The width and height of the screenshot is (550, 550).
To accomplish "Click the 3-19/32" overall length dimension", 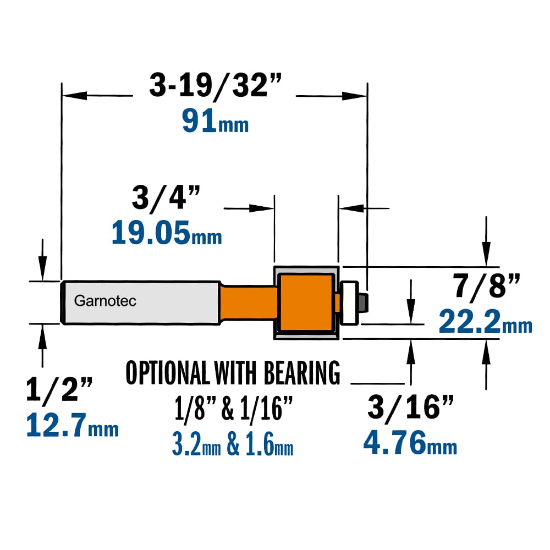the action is click(x=215, y=85).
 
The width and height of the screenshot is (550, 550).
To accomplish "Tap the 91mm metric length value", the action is click(x=216, y=120).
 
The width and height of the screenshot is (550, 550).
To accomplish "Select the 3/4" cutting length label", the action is click(x=166, y=197).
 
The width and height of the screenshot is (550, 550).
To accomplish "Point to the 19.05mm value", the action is click(x=167, y=232).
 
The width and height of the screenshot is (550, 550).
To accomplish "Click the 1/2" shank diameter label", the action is click(x=59, y=389).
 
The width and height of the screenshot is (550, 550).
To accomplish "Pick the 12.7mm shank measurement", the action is click(x=72, y=425).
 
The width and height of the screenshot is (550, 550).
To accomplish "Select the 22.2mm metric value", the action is click(x=486, y=322).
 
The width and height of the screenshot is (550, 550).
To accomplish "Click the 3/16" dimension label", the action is click(x=410, y=406).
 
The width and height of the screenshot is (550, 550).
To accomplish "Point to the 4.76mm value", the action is click(x=410, y=443).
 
